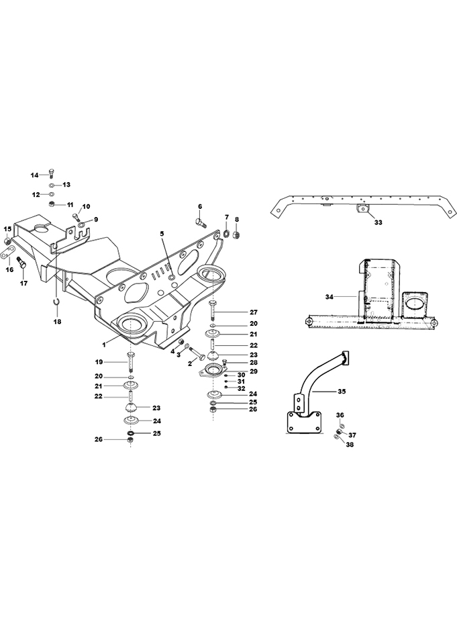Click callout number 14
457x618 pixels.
[x=35, y=175]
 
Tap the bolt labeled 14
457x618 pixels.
[x=52, y=173]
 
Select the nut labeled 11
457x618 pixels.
[x=51, y=204]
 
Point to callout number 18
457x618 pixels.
[x=57, y=322]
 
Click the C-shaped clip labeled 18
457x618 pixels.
[x=56, y=302]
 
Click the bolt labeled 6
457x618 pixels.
[x=201, y=224]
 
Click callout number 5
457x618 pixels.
[x=161, y=233]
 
